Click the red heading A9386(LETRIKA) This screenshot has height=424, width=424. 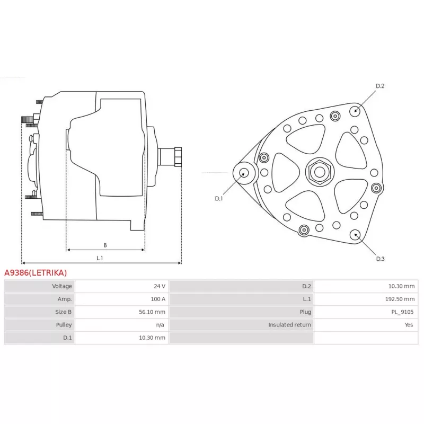36,272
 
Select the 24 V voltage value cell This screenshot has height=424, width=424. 160,286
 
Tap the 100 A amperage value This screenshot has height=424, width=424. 158,299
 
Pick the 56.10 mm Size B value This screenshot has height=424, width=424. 152,312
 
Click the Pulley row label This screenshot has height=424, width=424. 64,325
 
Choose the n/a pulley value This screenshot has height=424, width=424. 160,325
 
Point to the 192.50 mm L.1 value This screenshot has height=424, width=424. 400,299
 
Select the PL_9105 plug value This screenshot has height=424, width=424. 402,312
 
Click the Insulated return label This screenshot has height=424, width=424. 289,325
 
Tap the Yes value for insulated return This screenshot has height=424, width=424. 409,325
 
